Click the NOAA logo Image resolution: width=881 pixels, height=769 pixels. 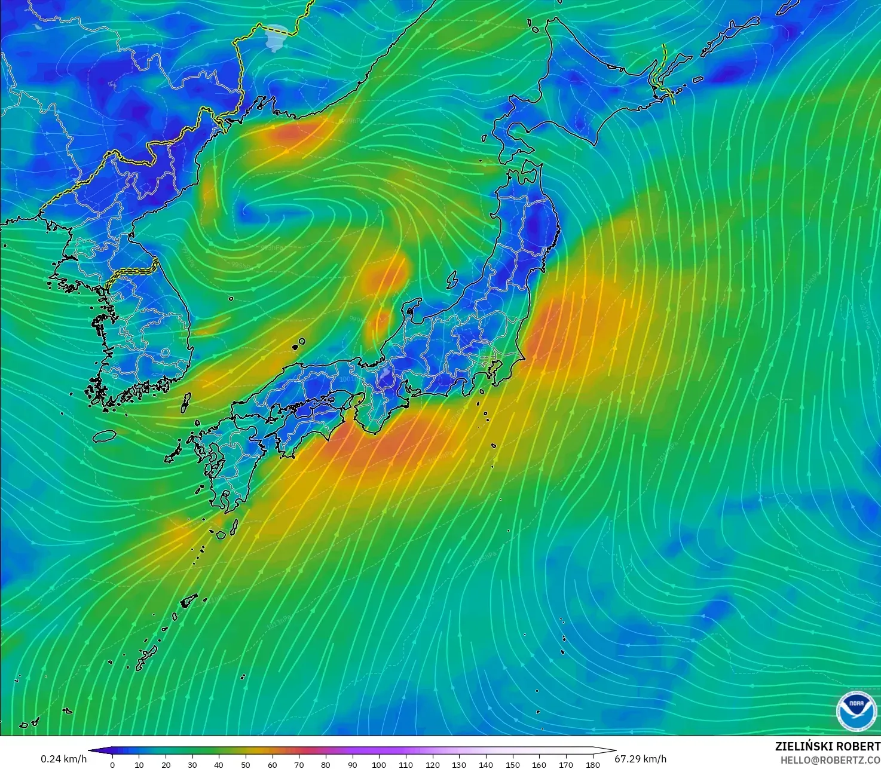click(856, 710)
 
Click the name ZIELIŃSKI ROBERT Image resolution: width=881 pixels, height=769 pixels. click(827, 746)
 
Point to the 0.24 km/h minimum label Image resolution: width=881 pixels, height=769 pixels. click(63, 759)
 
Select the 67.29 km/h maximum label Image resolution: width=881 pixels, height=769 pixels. click(640, 759)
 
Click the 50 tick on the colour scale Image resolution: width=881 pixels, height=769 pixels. click(246, 764)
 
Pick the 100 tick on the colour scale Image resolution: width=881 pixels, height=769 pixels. click(379, 764)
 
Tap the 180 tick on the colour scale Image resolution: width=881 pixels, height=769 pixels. click(592, 764)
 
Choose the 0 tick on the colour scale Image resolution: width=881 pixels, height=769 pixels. click(112, 764)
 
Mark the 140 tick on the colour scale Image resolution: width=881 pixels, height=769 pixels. click(486, 764)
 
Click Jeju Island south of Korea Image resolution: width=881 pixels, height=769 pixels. click(104, 436)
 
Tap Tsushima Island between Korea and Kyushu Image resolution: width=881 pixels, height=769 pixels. click(185, 402)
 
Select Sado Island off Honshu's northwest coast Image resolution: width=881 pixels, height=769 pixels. click(453, 279)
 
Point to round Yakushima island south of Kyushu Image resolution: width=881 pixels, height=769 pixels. click(221, 535)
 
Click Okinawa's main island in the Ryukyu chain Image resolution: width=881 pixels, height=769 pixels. click(146, 657)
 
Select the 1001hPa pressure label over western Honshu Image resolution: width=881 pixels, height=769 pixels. click(347, 379)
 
